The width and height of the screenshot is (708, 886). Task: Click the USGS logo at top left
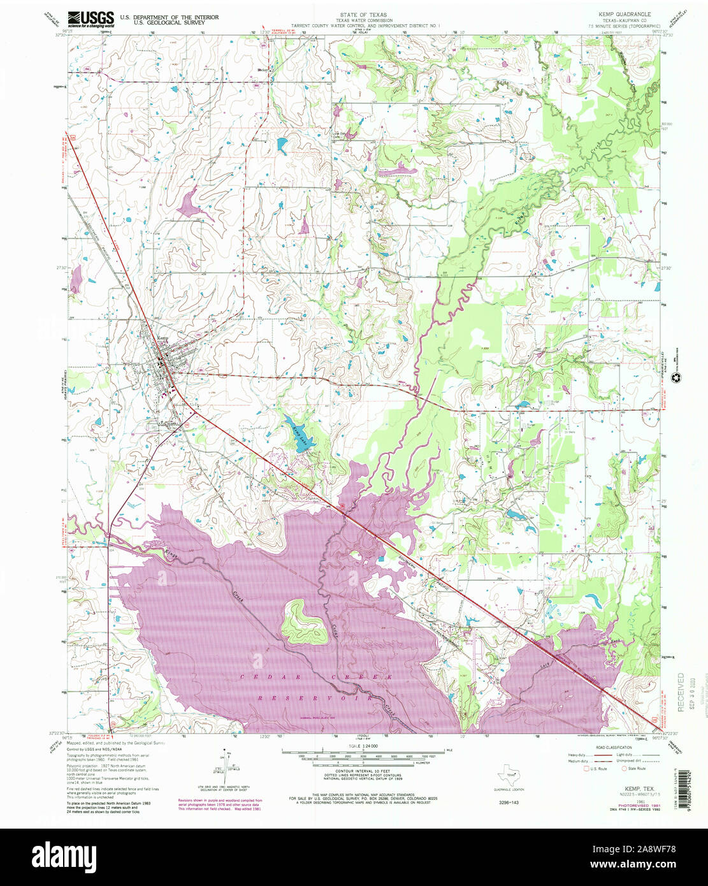click(91, 18)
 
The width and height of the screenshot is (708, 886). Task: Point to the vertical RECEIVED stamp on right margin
click(681, 692)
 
